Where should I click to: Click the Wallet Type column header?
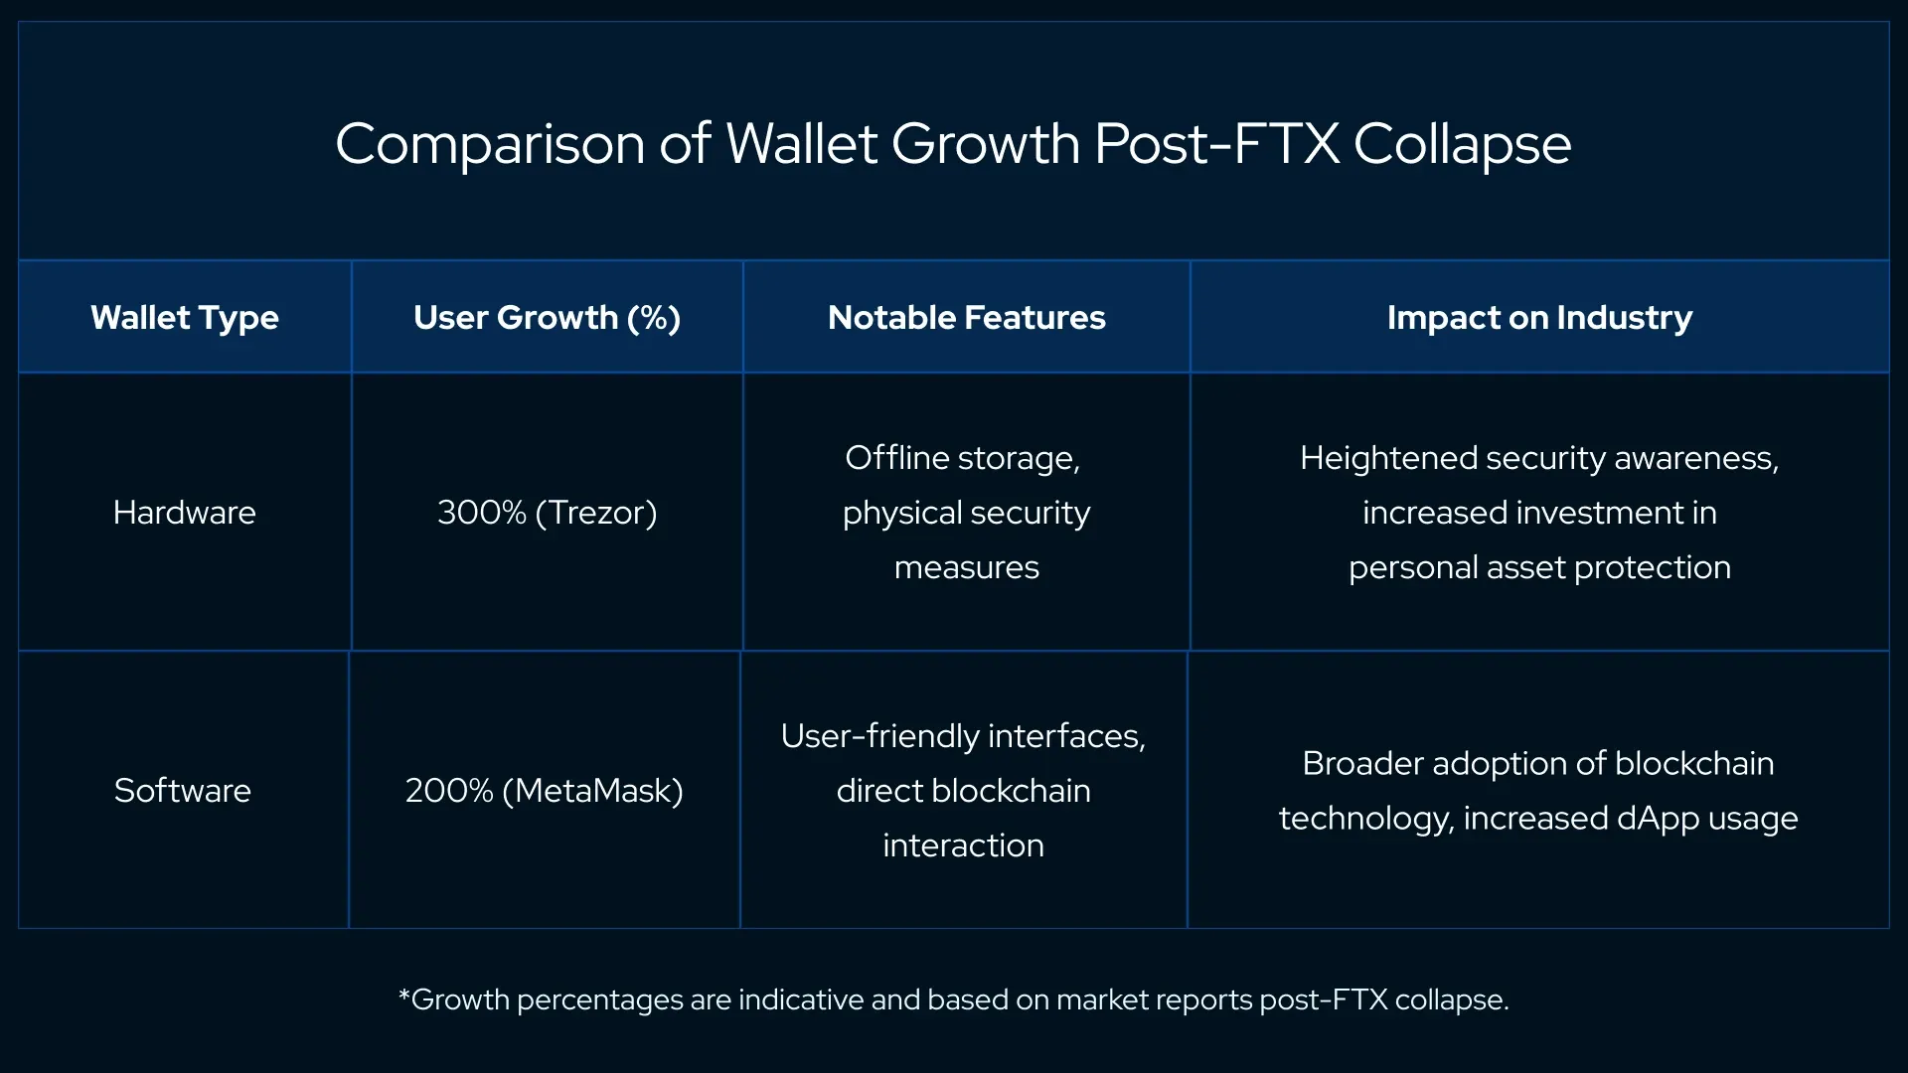[184, 317]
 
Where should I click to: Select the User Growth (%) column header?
[547, 317]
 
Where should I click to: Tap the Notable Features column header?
[966, 317]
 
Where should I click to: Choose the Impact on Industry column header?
[1539, 317]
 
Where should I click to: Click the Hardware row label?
[184, 513]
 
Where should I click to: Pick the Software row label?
[183, 791]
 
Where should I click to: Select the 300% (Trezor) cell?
[547, 513]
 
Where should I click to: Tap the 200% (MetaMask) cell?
[544, 791]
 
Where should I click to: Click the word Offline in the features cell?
[896, 458]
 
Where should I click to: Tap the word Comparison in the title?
[490, 145]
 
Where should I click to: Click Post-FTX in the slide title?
[1216, 145]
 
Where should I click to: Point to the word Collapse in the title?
[1462, 145]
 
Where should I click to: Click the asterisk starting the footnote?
[403, 996]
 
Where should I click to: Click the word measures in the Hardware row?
[966, 567]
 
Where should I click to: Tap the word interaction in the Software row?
[963, 845]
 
